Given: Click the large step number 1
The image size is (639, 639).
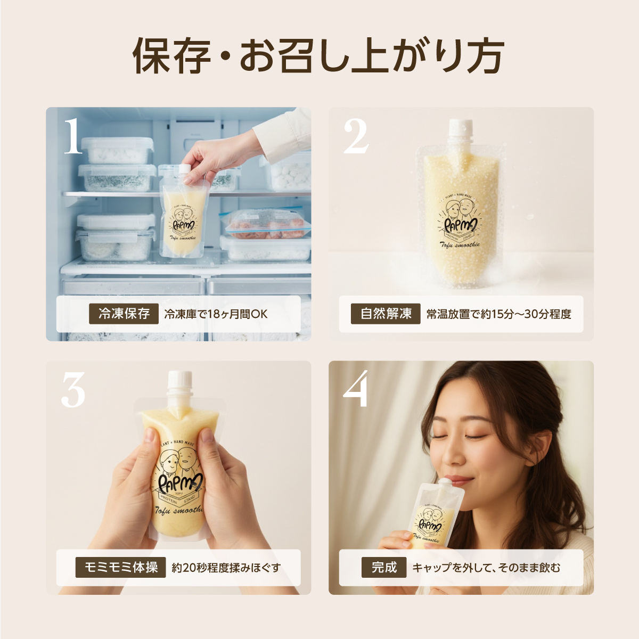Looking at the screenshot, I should [x=73, y=136].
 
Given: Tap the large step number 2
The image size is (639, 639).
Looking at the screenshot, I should [x=356, y=136].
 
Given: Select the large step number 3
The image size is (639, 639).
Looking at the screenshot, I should [x=73, y=390].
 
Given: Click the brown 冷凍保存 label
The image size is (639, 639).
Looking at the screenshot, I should [x=124, y=314].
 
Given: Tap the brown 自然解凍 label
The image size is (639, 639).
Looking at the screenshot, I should [x=386, y=314].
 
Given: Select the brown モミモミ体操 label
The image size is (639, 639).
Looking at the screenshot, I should [x=121, y=568].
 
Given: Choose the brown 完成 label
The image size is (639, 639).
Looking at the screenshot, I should [x=384, y=568].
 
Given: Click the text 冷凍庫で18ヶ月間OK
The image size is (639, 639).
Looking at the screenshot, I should [x=216, y=314].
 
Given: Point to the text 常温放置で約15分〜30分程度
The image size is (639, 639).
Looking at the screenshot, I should [x=498, y=314].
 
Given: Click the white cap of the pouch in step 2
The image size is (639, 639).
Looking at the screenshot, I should [x=461, y=131].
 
